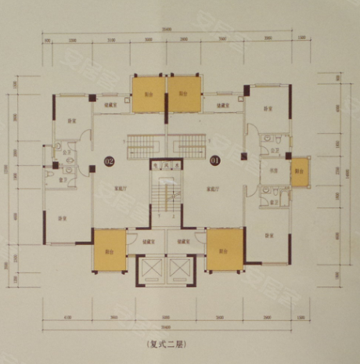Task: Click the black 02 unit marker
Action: (109, 162)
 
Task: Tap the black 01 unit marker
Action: (214, 162)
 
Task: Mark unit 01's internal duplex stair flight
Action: (187, 144)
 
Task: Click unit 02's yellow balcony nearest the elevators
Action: (109, 250)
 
